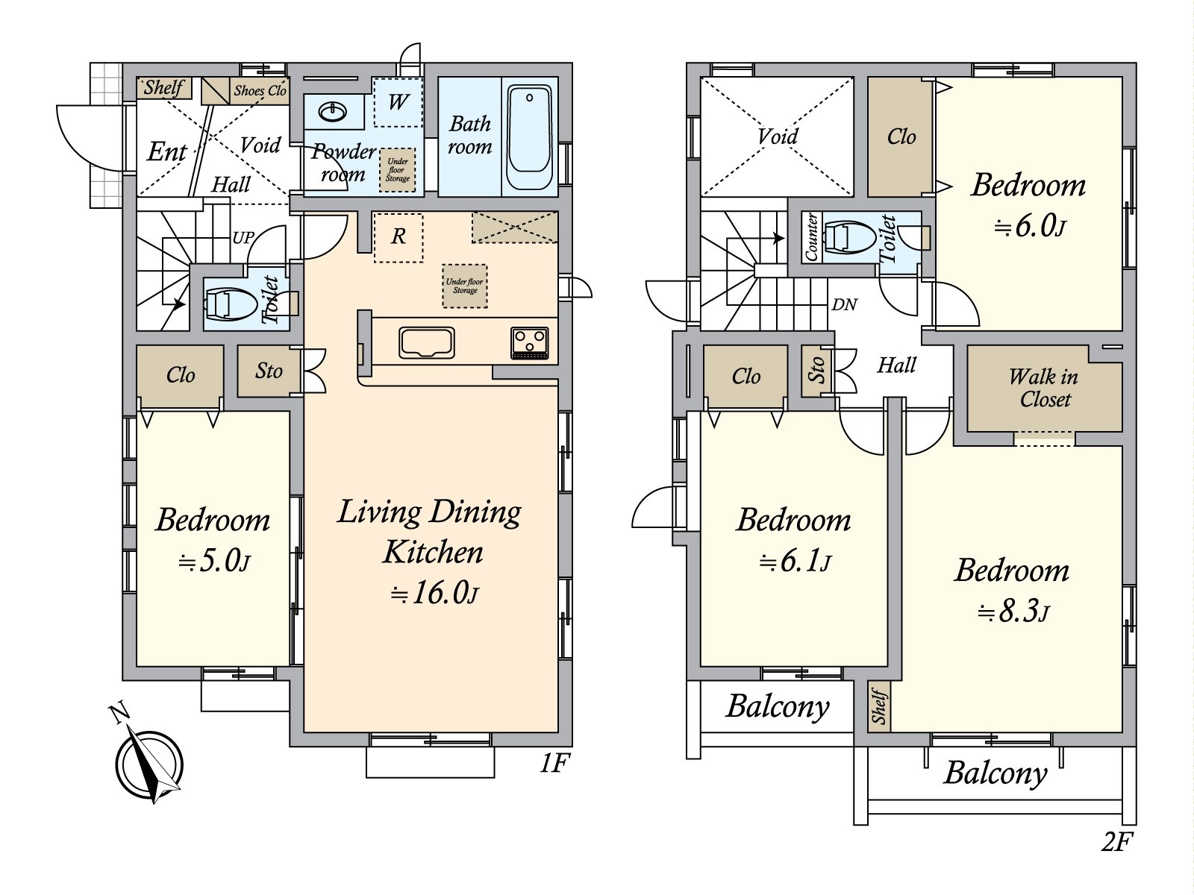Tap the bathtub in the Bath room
click(x=530, y=136)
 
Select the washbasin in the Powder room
click(x=332, y=113)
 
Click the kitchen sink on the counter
click(x=426, y=342)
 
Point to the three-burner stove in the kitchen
click(x=529, y=343)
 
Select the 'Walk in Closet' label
click(x=1044, y=388)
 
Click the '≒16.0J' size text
click(x=434, y=592)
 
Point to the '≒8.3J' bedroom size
click(x=1013, y=612)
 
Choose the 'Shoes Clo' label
click(x=260, y=91)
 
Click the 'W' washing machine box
click(x=398, y=102)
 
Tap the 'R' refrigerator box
click(x=398, y=237)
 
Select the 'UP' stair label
click(x=243, y=237)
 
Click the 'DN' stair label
click(x=844, y=305)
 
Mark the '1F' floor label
click(x=554, y=764)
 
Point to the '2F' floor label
click(x=1116, y=843)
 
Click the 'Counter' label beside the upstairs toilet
click(x=810, y=237)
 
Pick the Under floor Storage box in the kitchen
click(x=465, y=286)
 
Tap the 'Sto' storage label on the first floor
click(x=269, y=371)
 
